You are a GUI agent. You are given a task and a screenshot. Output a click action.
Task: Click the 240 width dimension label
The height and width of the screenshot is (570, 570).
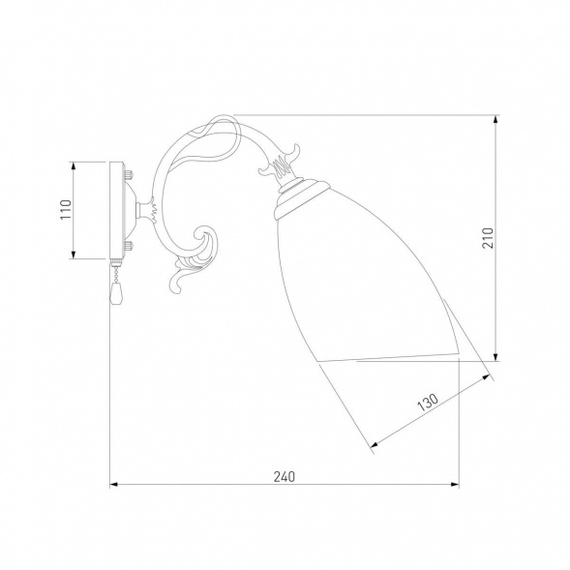tap(285, 476)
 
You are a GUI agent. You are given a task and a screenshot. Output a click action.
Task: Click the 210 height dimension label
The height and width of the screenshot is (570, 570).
tap(488, 238)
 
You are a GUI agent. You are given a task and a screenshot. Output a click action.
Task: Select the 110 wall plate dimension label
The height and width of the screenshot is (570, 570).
tap(66, 209)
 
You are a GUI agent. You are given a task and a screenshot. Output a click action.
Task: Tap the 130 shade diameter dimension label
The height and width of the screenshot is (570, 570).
tap(428, 403)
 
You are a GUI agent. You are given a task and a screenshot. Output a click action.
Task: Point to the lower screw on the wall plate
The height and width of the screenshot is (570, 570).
tap(129, 247)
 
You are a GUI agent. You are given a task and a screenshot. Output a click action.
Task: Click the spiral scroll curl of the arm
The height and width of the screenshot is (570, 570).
tap(206, 240)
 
